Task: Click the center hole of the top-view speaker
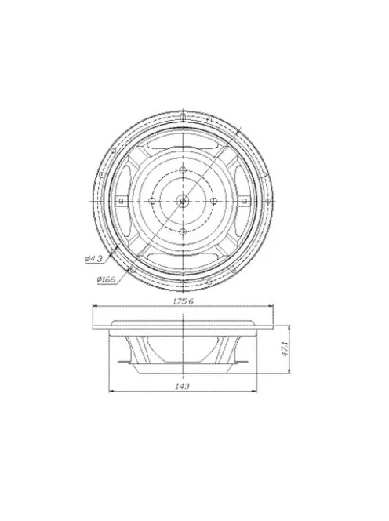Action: point(183,200)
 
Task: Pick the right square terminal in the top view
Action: point(244,200)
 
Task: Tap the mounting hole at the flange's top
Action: point(183,115)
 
